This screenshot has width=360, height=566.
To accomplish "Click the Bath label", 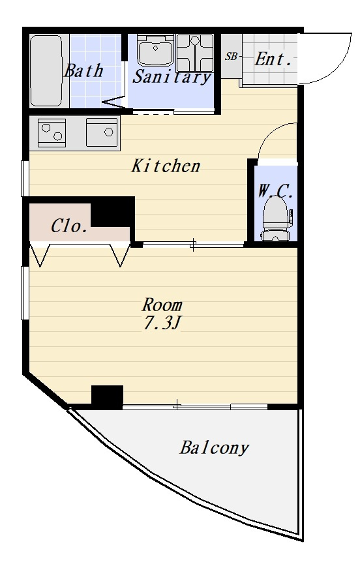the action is pos(83,70).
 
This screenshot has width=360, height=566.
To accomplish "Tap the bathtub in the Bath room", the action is pos(46,70).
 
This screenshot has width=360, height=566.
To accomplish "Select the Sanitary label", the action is pos(172,77).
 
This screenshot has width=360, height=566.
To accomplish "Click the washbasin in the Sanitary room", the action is pos(156,51).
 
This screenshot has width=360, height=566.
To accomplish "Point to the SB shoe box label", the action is pos(231,57).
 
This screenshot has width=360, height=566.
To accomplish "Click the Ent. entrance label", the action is pos(273,59).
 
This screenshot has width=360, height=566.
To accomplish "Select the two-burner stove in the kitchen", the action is pos(52,133).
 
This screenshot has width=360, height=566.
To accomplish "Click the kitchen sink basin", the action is pos(102,132).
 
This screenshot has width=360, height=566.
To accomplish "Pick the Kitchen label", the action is pos(166,166).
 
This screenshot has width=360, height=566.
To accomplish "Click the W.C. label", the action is pos(275,190).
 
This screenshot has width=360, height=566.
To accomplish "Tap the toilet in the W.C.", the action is pos(275,219).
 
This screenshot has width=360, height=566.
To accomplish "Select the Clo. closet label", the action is pos(68,226).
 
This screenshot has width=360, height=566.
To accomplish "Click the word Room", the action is pos(162,305).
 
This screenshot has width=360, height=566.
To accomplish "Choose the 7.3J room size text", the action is pos(161,323).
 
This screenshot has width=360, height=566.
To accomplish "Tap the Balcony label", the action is pos(215,448).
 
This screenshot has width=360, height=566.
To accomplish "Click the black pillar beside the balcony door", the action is pos(107,396).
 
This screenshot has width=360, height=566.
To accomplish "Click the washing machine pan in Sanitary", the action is pos(195,53).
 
